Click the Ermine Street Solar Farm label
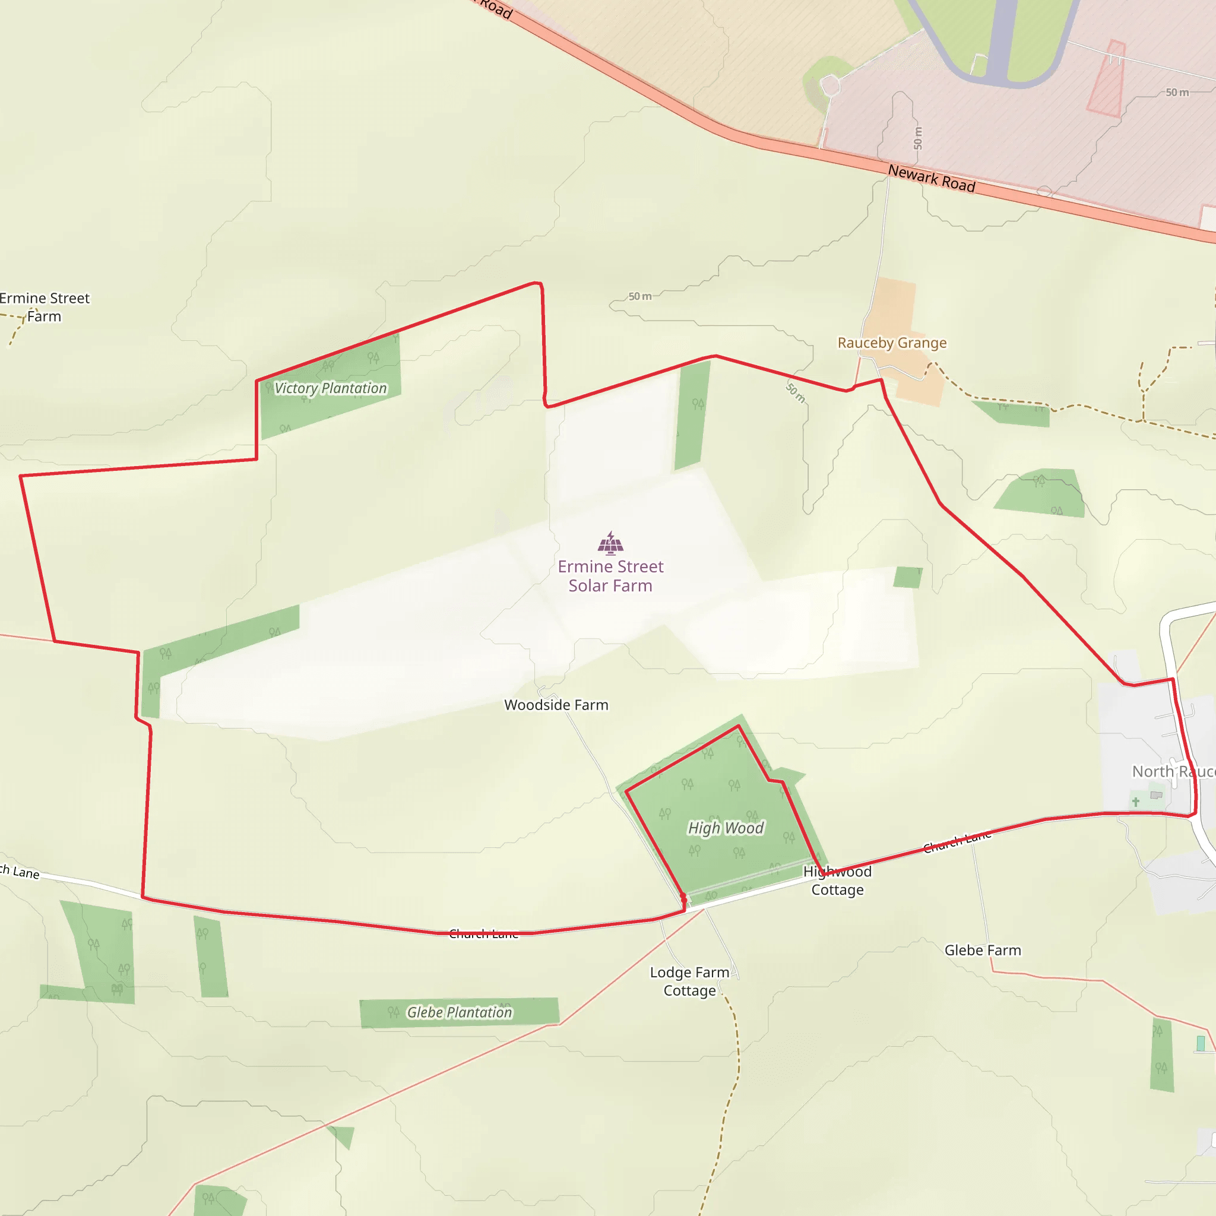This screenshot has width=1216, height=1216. (x=610, y=576)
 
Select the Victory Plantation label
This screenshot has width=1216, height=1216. (x=331, y=388)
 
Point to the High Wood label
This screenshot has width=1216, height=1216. (x=726, y=828)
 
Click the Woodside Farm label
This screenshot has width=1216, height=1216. (x=556, y=705)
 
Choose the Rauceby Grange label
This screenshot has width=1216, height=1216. (x=892, y=343)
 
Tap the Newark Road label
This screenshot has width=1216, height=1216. (x=932, y=178)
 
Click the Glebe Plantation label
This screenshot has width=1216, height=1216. (x=460, y=1012)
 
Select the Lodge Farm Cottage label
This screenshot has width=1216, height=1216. (x=690, y=981)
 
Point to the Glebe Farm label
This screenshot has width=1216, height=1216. (x=983, y=951)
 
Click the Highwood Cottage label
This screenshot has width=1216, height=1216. (x=837, y=881)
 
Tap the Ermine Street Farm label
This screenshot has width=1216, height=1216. (x=45, y=307)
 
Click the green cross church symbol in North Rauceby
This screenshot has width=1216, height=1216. (x=1135, y=802)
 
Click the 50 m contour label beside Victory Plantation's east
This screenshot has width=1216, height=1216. (x=639, y=296)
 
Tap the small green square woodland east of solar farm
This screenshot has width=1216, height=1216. (x=907, y=577)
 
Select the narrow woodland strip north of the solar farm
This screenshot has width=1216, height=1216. (x=692, y=416)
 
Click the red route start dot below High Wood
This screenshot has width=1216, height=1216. (x=683, y=895)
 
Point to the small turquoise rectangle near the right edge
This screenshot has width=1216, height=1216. (x=1200, y=1044)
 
